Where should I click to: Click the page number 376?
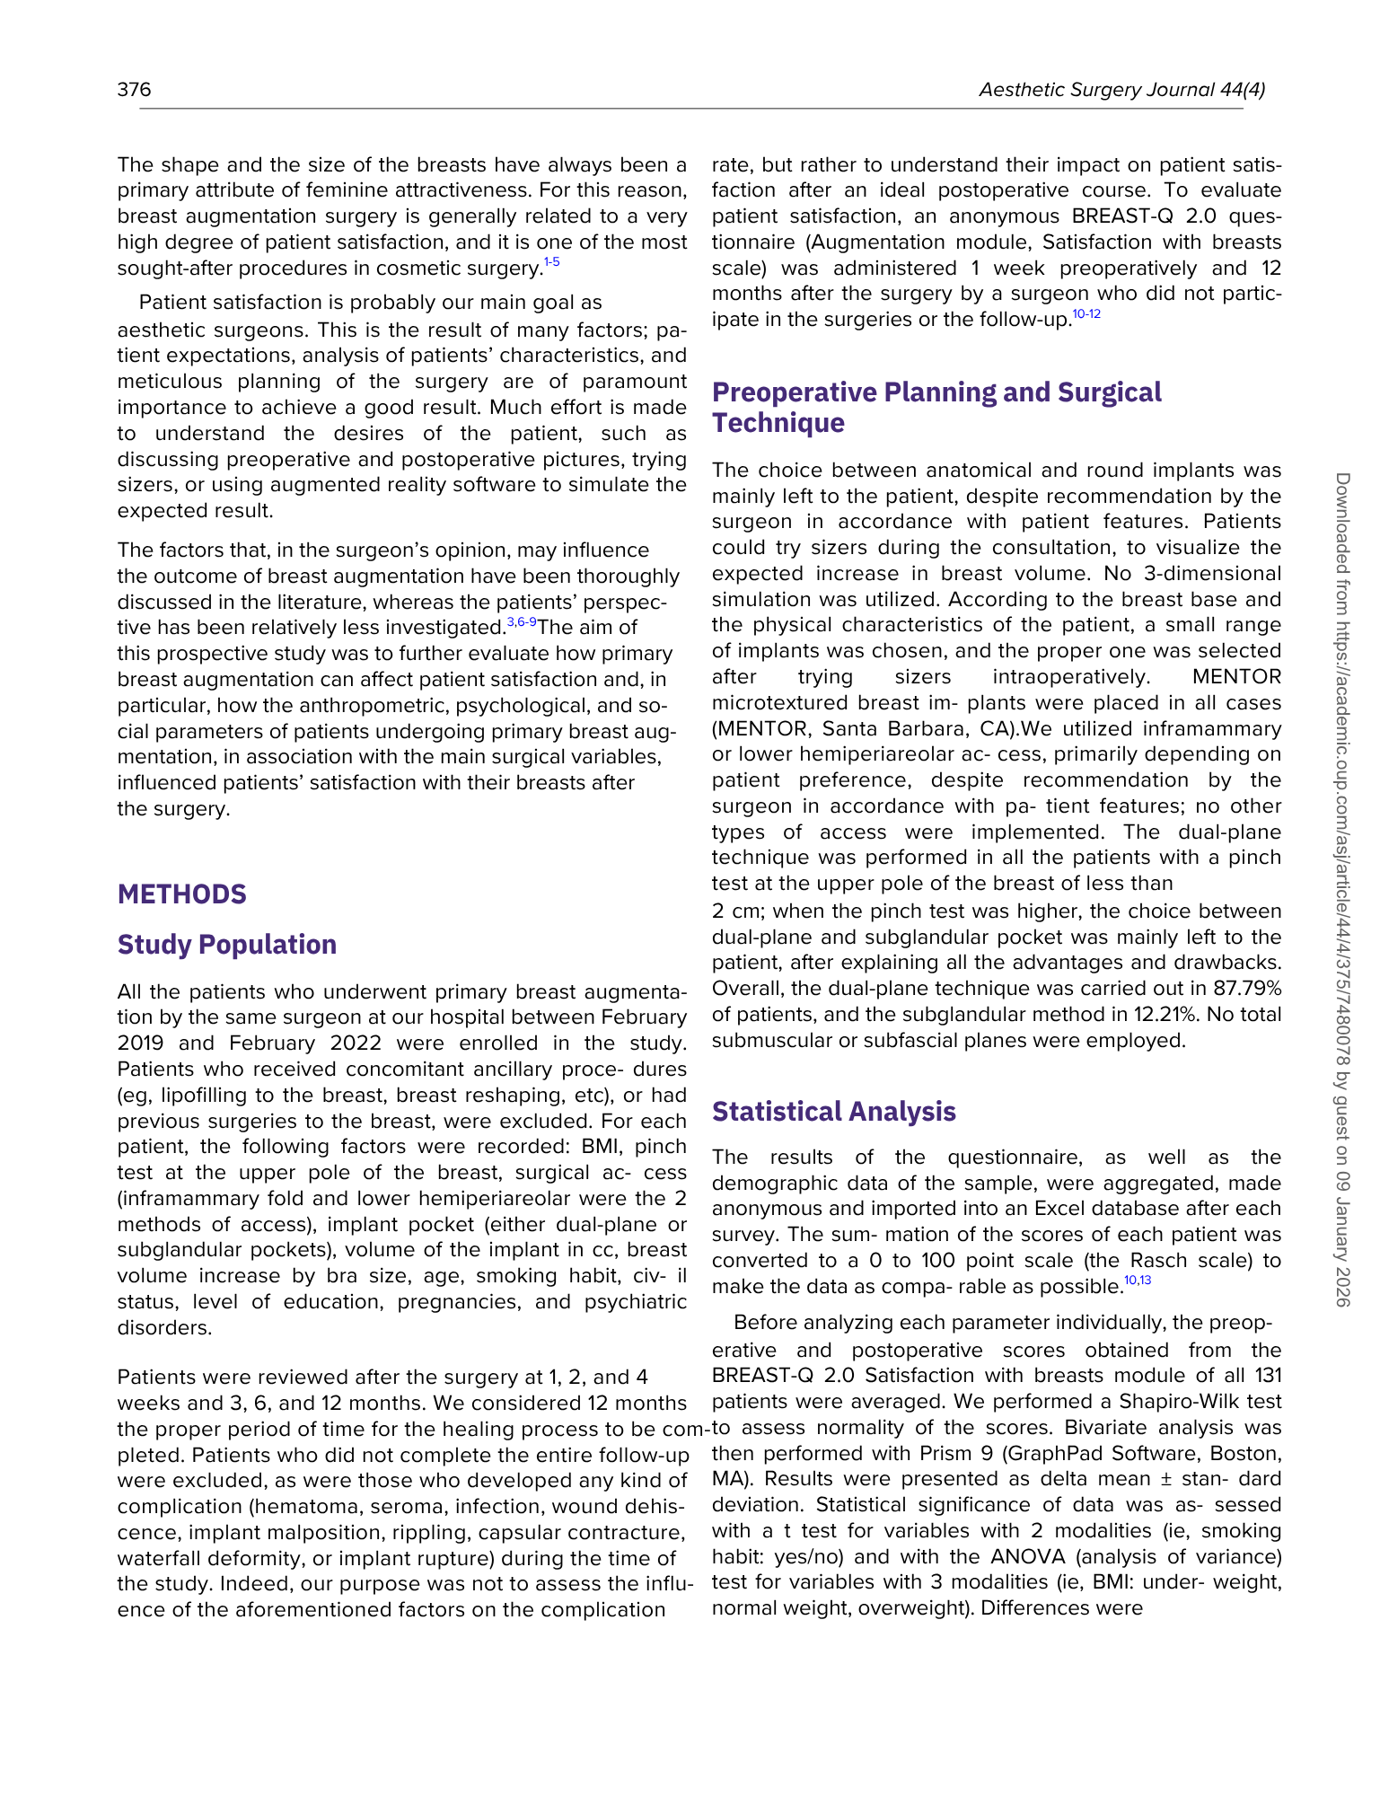134,89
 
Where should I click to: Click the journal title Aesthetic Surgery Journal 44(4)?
1121,89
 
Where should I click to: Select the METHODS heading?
181,894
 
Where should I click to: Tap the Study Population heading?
226,945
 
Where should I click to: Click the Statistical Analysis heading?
833,1112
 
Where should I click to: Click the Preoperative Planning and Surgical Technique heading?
936,407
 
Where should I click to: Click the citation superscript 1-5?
551,262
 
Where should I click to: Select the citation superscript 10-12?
1086,313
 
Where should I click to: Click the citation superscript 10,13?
1138,1281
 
